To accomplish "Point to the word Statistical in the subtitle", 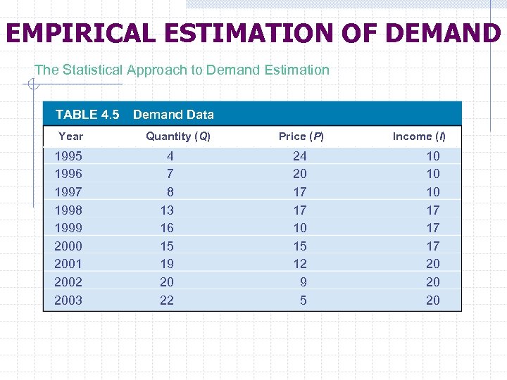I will [x=94, y=70].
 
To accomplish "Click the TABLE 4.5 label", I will [x=87, y=115].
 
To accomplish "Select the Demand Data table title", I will [x=173, y=115].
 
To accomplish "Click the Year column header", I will [x=70, y=137].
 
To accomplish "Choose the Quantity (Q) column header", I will [x=178, y=137].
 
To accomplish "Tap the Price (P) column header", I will [x=301, y=137].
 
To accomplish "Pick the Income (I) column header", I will [x=419, y=137].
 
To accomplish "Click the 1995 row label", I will [x=68, y=156].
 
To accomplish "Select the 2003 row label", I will [x=68, y=300].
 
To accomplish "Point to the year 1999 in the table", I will [x=68, y=228].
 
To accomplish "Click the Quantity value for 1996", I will [x=170, y=174].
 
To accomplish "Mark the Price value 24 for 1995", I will [x=300, y=156].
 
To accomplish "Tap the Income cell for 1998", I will [x=432, y=210].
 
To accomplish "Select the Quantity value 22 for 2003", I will [x=167, y=300].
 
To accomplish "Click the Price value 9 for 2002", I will [x=303, y=282].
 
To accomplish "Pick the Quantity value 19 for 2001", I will [x=167, y=264].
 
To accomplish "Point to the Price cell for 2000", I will [x=300, y=246].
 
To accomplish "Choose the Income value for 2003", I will [x=432, y=300].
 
